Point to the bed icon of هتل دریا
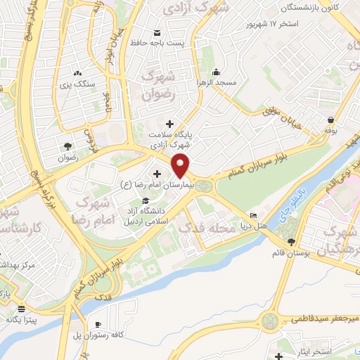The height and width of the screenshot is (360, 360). [254, 215]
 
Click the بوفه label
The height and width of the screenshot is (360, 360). [332, 130]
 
